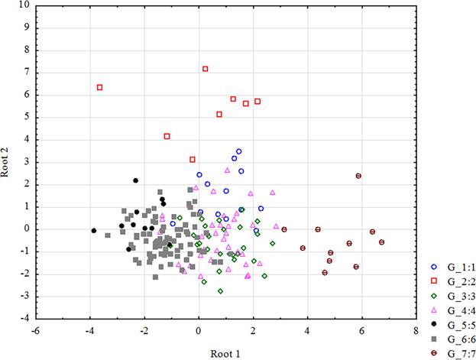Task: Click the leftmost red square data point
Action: (100, 88)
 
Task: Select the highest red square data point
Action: (206, 69)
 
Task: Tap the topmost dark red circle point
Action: (358, 176)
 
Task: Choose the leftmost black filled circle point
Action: (94, 230)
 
